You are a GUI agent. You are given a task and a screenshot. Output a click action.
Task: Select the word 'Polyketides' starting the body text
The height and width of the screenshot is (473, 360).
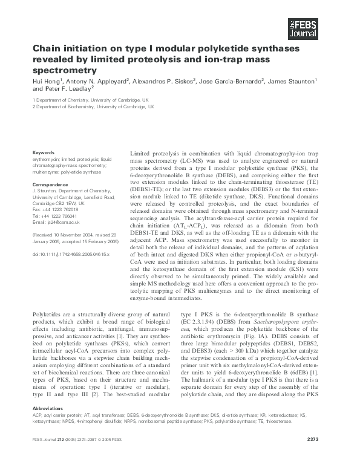(x=48, y=315)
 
